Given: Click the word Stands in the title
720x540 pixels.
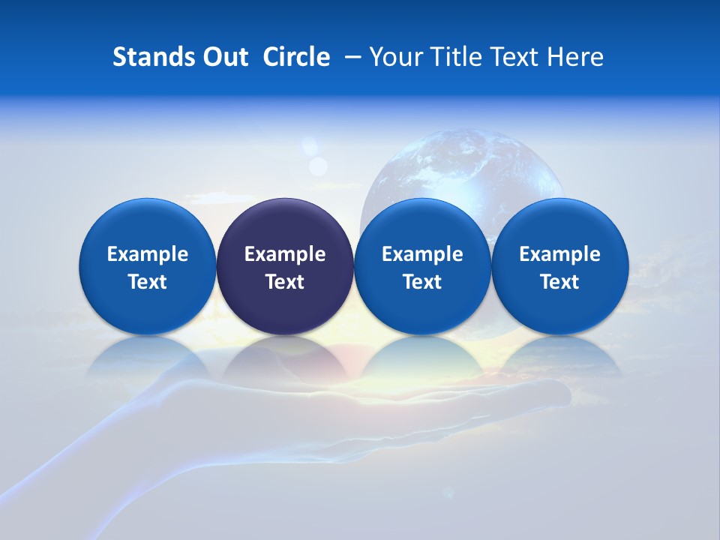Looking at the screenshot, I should (x=148, y=57).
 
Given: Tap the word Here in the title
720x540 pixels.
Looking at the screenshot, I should (x=576, y=57).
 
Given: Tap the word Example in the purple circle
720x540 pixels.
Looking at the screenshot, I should (x=285, y=254).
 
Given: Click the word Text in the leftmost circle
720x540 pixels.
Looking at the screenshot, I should (x=148, y=282).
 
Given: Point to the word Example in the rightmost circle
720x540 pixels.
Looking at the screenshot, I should (x=560, y=254).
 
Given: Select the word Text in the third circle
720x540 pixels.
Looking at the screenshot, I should (x=422, y=282).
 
